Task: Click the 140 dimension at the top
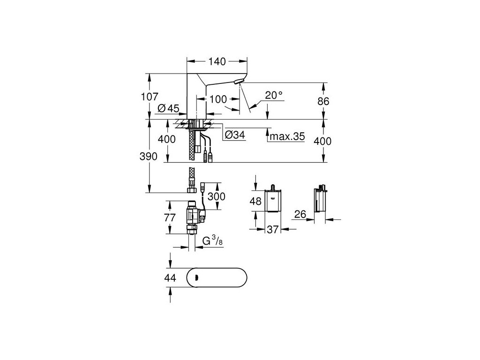[x=217, y=61]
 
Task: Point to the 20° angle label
[x=274, y=95]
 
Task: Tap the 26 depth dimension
[x=300, y=214]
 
